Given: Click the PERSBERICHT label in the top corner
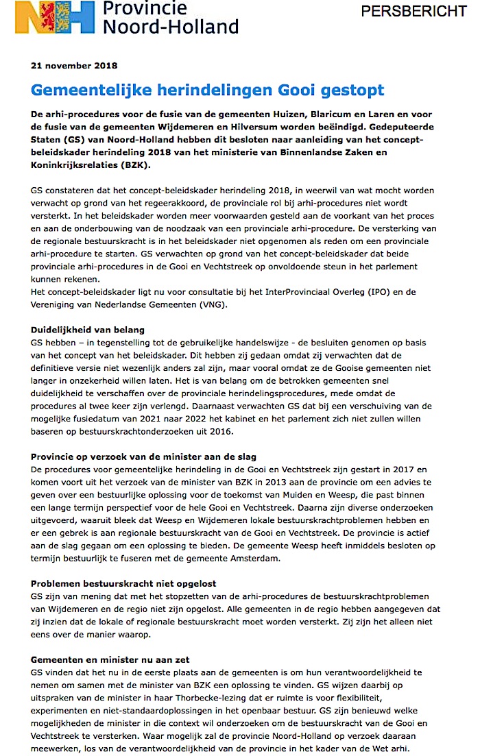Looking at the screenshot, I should [413, 12].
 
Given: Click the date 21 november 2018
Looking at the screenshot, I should [74, 66].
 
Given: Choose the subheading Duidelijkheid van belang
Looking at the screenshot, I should [88, 330].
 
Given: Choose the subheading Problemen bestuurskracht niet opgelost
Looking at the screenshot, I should [123, 585].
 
